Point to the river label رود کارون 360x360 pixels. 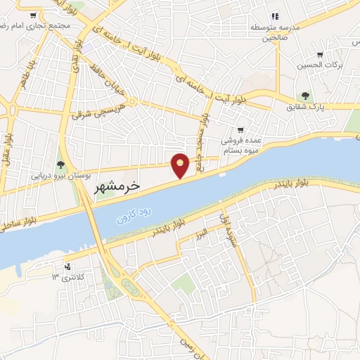[x=133, y=214]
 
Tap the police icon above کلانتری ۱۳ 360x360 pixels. [x=67, y=266]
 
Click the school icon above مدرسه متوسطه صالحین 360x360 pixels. [x=276, y=15]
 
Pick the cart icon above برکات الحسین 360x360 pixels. [x=320, y=54]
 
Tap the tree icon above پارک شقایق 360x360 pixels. [x=304, y=96]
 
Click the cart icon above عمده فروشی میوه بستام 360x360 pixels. [x=240, y=130]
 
